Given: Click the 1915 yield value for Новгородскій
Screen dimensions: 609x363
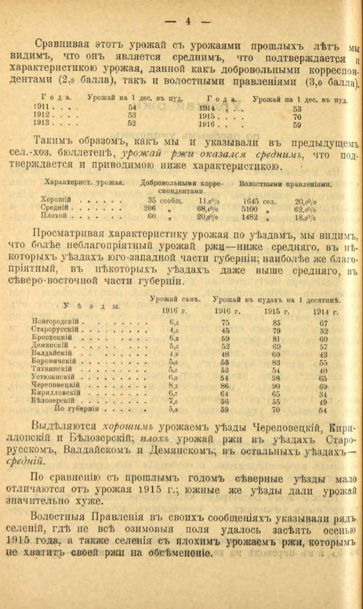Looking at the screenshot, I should point(277,323).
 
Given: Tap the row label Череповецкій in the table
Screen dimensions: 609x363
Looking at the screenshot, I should point(55,385).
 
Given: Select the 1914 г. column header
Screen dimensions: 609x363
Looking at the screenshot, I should point(325,312).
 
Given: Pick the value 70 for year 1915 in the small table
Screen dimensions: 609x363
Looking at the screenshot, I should point(297,117).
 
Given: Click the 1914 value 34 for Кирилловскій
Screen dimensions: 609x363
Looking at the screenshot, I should point(324,394).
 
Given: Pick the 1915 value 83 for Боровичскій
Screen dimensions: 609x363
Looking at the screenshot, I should point(277,363).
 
